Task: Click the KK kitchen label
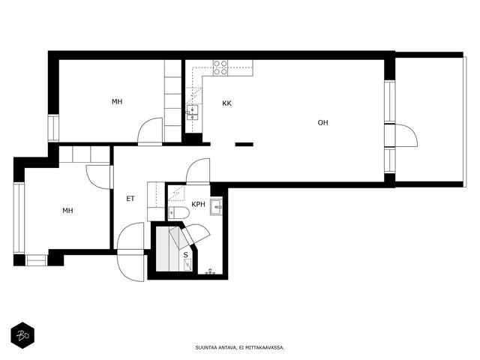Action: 226,103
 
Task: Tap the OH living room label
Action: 322,123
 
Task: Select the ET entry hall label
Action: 130,199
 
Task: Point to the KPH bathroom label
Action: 198,204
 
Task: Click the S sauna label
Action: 185,255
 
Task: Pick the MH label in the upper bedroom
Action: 117,102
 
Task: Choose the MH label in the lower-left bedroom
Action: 67,211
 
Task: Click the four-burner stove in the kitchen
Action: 220,67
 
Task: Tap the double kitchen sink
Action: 193,113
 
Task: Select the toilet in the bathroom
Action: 178,213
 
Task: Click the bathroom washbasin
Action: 217,207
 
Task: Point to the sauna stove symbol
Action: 187,264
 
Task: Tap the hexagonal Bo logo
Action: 22,335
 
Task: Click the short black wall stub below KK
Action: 244,145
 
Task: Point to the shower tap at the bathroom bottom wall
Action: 210,271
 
